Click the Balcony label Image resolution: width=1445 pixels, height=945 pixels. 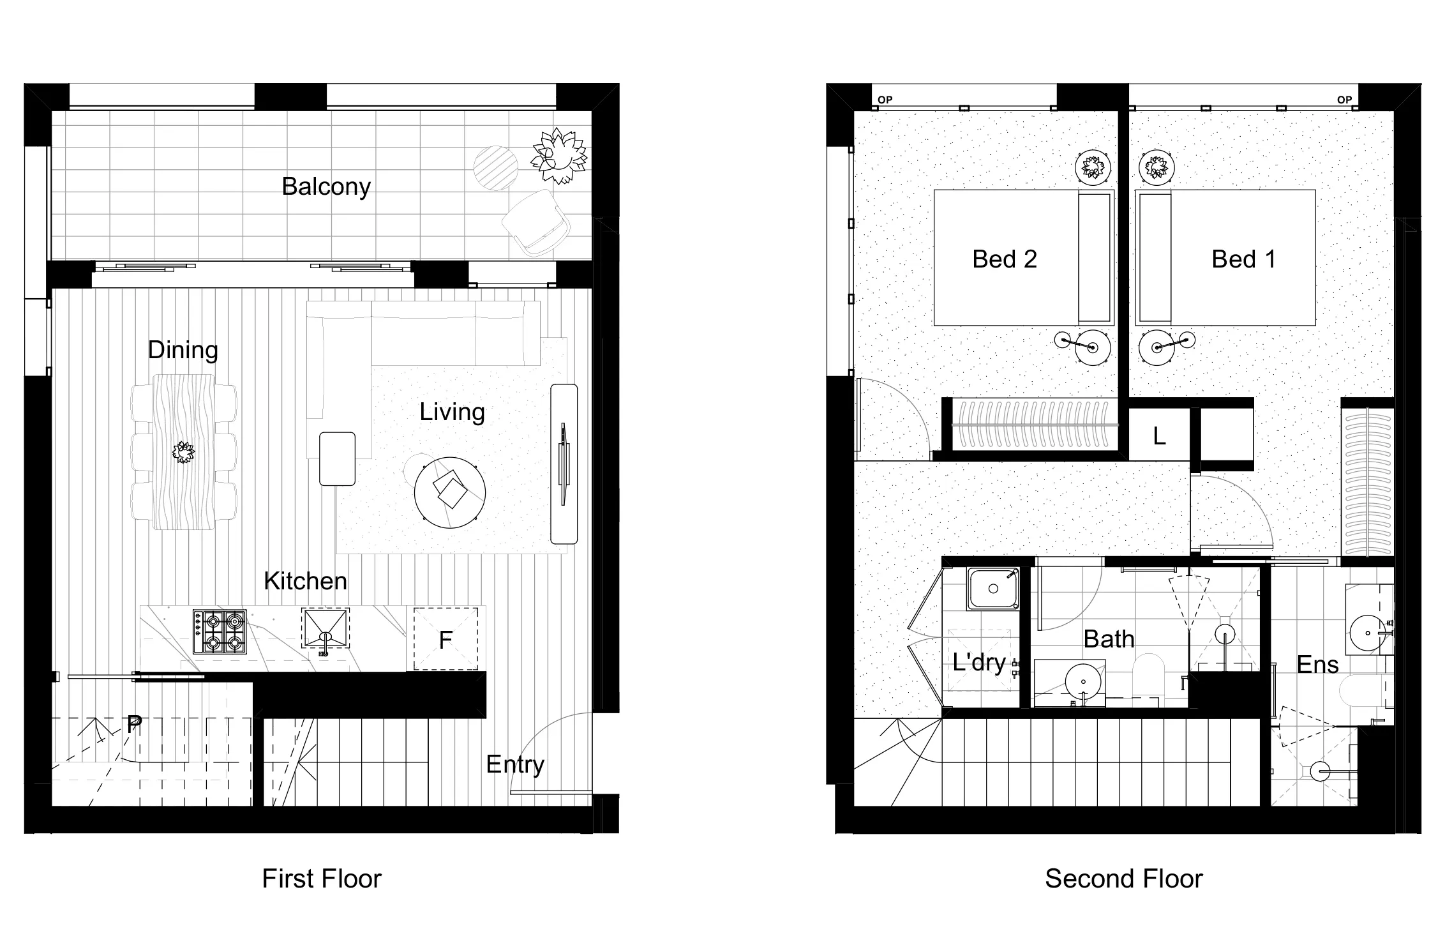point(326,186)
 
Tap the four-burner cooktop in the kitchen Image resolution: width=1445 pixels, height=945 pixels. point(220,632)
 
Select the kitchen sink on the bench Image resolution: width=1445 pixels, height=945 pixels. point(326,629)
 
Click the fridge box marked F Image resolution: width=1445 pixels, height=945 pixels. point(445,639)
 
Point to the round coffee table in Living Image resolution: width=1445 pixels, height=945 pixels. point(450,492)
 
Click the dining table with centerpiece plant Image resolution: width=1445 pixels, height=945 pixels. point(184,452)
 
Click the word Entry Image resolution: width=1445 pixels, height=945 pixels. point(514,764)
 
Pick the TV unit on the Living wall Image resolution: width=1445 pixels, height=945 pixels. point(564,464)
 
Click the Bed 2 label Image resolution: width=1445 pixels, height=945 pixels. point(1004,259)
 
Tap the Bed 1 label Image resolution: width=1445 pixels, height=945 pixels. point(1243,259)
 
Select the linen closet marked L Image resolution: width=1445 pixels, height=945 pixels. point(1159,436)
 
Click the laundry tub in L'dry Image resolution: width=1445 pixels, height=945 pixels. point(992,589)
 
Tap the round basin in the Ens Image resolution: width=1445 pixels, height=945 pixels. point(1368,633)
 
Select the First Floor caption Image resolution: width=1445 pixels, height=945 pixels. point(321,879)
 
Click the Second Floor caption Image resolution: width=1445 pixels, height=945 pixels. point(1123,879)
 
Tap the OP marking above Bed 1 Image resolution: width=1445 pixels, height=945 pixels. point(1344,100)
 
